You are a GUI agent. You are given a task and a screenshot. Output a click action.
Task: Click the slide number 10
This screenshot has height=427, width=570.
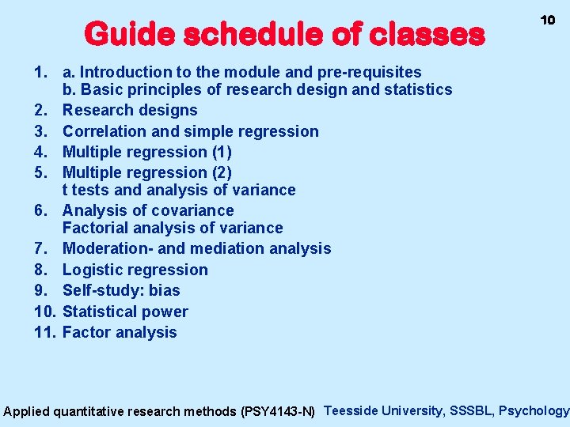click(x=547, y=20)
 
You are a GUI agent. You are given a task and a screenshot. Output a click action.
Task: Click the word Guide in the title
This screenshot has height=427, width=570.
click(x=130, y=34)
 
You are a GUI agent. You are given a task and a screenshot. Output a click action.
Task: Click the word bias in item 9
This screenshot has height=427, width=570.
click(x=164, y=290)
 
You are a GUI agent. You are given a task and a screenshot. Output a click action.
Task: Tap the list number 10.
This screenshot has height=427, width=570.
click(x=44, y=312)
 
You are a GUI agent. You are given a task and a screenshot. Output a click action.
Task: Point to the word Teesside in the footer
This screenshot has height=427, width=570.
click(x=351, y=410)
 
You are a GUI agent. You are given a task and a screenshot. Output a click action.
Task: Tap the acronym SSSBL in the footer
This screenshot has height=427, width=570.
click(x=472, y=410)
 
